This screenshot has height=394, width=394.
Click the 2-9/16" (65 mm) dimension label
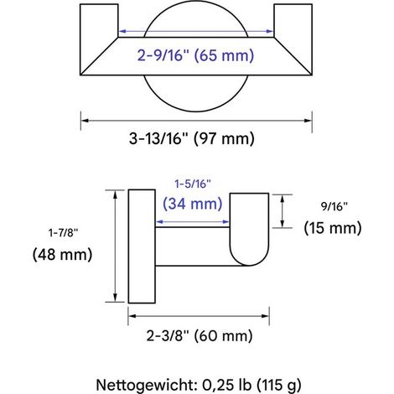[195, 55]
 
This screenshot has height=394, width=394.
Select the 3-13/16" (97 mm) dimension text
[192, 138]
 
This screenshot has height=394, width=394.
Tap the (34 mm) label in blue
[193, 204]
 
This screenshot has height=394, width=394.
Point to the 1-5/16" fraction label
[193, 184]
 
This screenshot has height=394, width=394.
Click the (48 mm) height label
[62, 255]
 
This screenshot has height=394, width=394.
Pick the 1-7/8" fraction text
[63, 232]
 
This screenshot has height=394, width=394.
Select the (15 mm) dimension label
[333, 228]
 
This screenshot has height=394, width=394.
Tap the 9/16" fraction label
[334, 206]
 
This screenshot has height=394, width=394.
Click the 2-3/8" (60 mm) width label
[200, 335]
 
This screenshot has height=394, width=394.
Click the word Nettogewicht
[147, 385]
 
